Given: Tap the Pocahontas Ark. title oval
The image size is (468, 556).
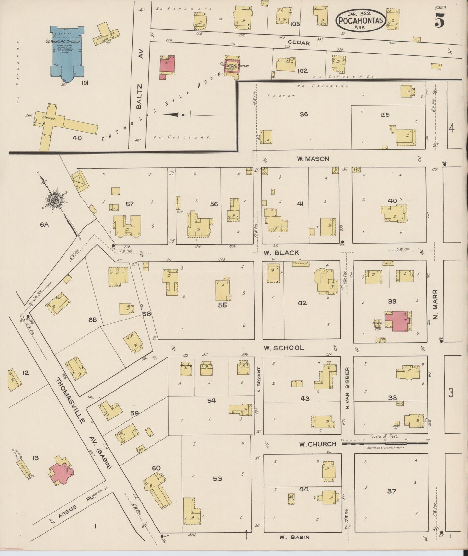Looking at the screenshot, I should click(x=361, y=21).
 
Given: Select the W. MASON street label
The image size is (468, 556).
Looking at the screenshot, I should click(x=313, y=159).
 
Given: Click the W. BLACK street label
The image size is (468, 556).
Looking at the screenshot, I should click(x=281, y=253).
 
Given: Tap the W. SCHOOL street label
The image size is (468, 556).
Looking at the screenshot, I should click(x=284, y=348).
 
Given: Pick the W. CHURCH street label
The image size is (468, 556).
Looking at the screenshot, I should click(x=317, y=444).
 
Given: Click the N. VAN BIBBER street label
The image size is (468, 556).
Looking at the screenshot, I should click(x=347, y=388).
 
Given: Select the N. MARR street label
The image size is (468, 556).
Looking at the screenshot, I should click(x=435, y=304).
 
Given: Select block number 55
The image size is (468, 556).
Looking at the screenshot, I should click(x=222, y=305).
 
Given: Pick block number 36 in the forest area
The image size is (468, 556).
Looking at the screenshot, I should click(x=303, y=114).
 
